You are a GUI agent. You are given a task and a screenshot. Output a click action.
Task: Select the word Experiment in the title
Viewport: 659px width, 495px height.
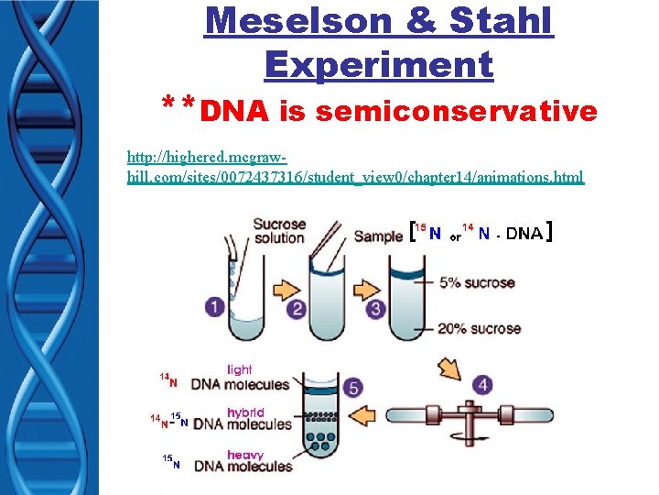[378, 64]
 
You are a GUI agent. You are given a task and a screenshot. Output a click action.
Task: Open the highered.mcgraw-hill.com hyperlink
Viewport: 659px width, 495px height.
[355, 167]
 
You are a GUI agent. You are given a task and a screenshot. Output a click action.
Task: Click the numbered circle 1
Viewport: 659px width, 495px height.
[214, 306]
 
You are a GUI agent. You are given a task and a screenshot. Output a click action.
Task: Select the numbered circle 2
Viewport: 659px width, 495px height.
[297, 309]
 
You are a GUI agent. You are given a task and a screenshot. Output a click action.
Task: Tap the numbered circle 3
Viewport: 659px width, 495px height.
[375, 309]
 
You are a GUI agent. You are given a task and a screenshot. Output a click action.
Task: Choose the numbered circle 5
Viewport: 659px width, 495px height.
[353, 388]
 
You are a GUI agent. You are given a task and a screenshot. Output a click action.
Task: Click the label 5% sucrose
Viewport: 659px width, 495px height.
[476, 282]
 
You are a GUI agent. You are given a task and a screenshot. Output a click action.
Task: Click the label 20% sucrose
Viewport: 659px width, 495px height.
[480, 328]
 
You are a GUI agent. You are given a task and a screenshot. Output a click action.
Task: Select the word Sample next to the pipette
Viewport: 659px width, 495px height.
[378, 236]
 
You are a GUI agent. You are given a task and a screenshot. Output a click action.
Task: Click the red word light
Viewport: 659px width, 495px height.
[239, 369]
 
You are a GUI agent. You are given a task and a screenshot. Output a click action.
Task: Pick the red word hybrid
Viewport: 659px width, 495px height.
[245, 412]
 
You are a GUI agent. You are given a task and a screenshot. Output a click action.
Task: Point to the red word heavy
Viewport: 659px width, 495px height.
[244, 455]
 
